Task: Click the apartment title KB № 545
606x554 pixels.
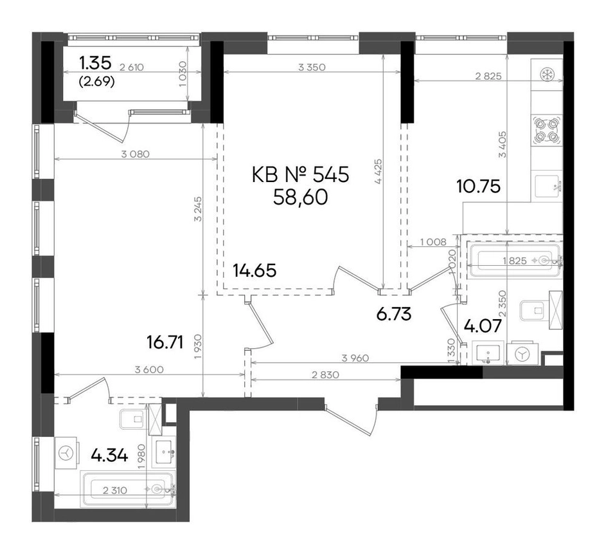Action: (300, 174)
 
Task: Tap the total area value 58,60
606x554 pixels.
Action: (300, 198)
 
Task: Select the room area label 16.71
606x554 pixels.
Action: (165, 342)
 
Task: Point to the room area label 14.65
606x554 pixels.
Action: (254, 270)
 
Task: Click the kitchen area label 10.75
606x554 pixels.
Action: (479, 187)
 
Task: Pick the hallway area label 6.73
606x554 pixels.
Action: (394, 314)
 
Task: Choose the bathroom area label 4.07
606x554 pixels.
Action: (483, 326)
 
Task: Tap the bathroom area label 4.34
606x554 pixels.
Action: (109, 456)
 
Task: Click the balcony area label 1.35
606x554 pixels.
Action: (95, 62)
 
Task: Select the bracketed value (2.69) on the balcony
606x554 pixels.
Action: (96, 82)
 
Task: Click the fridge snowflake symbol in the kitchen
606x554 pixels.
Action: (546, 74)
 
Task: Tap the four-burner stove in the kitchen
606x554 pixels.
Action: (546, 131)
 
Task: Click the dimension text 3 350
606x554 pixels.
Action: (312, 68)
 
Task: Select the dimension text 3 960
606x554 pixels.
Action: (355, 358)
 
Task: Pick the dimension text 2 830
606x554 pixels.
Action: (325, 375)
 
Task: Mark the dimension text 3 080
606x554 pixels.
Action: (135, 154)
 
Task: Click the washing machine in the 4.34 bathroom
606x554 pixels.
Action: (67, 452)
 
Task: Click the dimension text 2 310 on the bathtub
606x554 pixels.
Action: (115, 491)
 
